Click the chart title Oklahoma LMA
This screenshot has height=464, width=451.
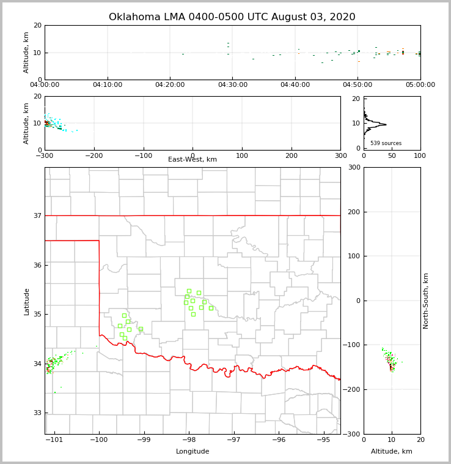pos(232,17)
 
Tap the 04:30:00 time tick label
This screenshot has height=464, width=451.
pos(233,85)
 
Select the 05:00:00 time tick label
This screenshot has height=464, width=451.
pos(420,85)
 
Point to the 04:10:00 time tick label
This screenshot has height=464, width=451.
pos(108,85)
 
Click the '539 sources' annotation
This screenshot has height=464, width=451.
pos(386,143)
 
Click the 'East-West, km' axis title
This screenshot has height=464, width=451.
pos(193,160)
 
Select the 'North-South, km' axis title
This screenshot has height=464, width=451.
pos(426,301)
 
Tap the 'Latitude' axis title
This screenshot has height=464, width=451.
pos(27,301)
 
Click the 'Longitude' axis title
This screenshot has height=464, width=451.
pos(193,452)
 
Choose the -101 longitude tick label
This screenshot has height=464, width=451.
pos(54,440)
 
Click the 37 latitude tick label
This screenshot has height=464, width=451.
pos(37,215)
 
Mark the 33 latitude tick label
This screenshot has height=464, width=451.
pos(37,413)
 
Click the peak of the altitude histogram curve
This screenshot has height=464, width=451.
pos(386,124)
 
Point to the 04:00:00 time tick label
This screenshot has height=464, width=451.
pos(45,85)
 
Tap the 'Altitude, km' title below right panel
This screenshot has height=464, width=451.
pos(392,452)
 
